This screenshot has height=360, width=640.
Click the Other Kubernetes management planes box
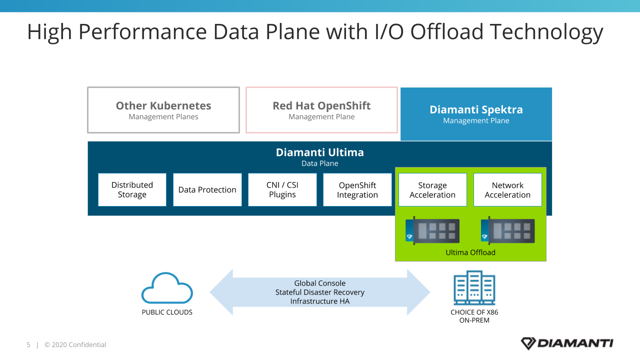tap(163, 110)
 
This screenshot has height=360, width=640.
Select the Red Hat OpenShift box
tap(321, 110)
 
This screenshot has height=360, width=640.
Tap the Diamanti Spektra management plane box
tap(476, 114)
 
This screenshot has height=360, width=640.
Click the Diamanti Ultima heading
tap(319, 152)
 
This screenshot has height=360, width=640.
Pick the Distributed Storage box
tap(132, 189)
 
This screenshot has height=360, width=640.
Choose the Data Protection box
tap(207, 189)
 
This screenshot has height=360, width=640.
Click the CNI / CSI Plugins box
tap(282, 189)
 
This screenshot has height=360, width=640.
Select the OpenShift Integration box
tap(357, 189)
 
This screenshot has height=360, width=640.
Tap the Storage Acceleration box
tap(432, 189)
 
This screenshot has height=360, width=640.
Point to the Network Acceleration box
tap(507, 189)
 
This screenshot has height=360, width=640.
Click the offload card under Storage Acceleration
tap(432, 230)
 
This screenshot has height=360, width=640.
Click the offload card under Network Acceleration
tap(507, 230)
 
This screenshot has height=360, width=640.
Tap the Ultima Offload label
tap(470, 252)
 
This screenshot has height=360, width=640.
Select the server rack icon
tap(474, 287)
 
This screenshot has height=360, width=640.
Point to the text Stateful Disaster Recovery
tap(319, 292)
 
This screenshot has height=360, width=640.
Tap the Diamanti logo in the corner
tap(567, 343)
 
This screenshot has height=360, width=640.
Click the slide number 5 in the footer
tap(28, 345)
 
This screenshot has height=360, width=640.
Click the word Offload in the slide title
tap(447, 31)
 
